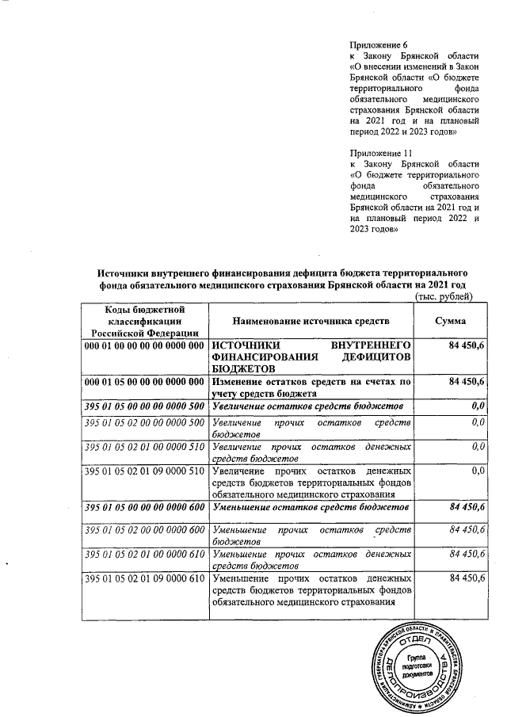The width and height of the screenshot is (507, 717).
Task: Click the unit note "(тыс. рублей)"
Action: (x=444, y=297)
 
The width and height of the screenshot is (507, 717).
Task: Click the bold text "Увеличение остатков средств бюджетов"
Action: (x=307, y=406)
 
